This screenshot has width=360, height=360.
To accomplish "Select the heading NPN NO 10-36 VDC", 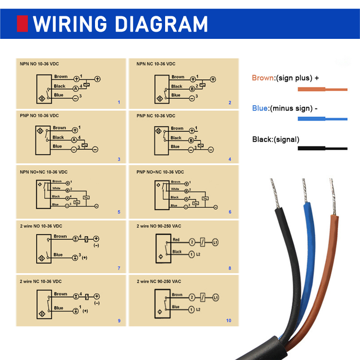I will pos(39,64).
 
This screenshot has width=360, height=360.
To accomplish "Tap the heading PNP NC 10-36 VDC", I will pos(156,116).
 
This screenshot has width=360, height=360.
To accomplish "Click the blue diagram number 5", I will pos(119,212).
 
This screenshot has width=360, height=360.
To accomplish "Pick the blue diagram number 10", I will pos(229,321).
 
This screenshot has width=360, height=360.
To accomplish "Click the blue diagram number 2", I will pos(230,103).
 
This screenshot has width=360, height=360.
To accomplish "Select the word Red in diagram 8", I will pos(177,239).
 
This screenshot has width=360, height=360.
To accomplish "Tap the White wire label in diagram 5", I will pos(57,189).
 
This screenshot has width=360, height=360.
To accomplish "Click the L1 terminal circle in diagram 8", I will pos(216,243).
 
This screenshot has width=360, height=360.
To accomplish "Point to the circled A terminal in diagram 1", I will pos(75,89).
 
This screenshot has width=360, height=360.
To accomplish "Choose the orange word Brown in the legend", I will pos(263,78).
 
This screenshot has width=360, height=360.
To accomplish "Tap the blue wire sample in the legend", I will pos(322,119).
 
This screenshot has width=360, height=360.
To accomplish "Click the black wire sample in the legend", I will pos(322,148).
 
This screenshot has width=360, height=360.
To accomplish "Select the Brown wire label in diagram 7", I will pos(60,236).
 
